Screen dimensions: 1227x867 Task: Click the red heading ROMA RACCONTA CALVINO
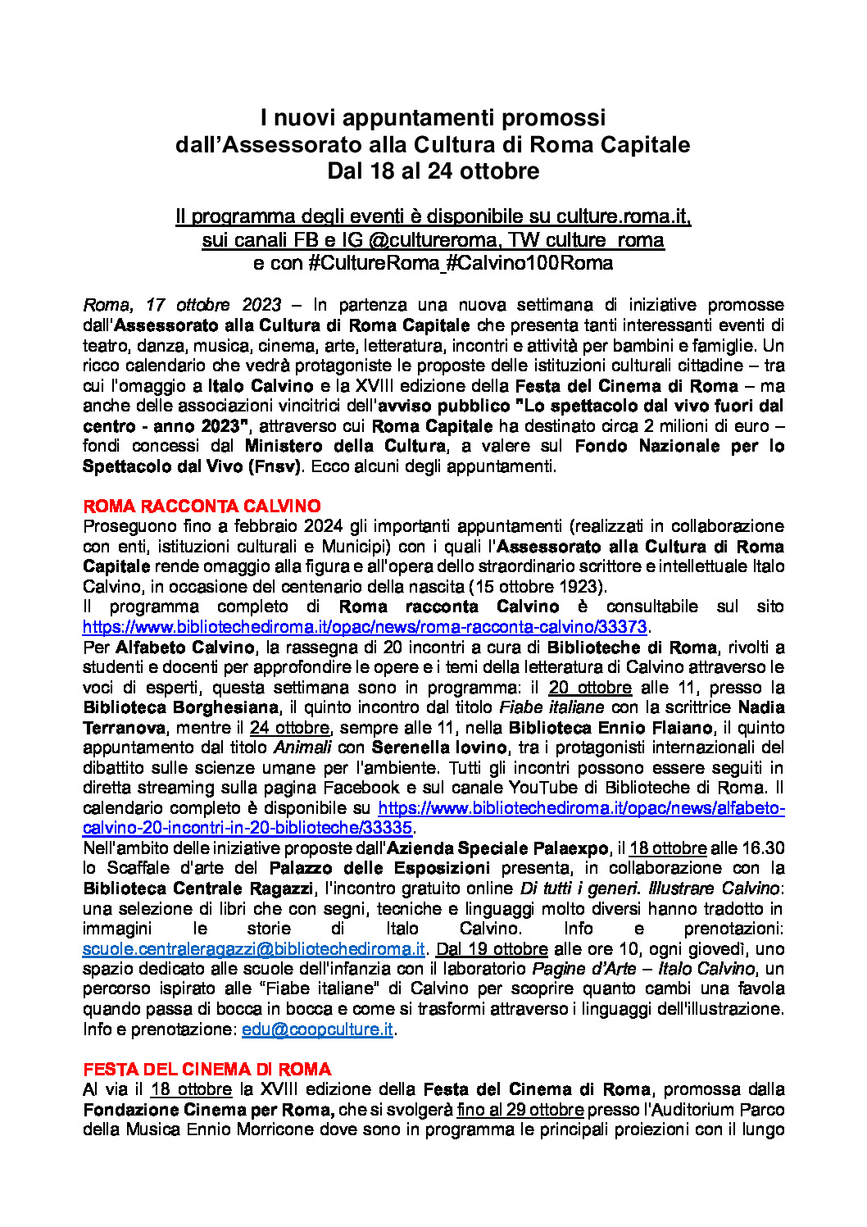[x=202, y=506]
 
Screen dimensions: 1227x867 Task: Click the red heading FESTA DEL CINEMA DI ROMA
[x=207, y=1069]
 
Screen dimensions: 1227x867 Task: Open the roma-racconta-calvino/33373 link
[x=365, y=627]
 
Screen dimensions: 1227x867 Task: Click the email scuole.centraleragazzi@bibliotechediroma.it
[x=253, y=949]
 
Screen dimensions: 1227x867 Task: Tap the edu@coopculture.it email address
[x=317, y=1029]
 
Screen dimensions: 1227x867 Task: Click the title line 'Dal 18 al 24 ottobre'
[x=433, y=171]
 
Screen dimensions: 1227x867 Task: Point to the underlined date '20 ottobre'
[x=590, y=688]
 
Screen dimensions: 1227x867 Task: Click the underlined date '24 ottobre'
[x=289, y=728]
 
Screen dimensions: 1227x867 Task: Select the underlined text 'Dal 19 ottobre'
[x=492, y=949]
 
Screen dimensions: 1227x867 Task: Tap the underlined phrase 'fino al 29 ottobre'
[x=520, y=1110]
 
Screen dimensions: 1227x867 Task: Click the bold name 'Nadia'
[x=761, y=707]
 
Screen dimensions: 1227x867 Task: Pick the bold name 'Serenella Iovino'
[x=439, y=748]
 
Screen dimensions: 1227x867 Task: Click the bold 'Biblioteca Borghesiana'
[x=180, y=707]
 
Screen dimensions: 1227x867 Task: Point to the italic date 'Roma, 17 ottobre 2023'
[x=182, y=305]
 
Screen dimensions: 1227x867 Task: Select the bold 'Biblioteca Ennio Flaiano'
[x=610, y=728]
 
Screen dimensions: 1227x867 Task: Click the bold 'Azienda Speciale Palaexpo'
[x=497, y=848]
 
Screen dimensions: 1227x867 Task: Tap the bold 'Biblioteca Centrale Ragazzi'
[x=197, y=888]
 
